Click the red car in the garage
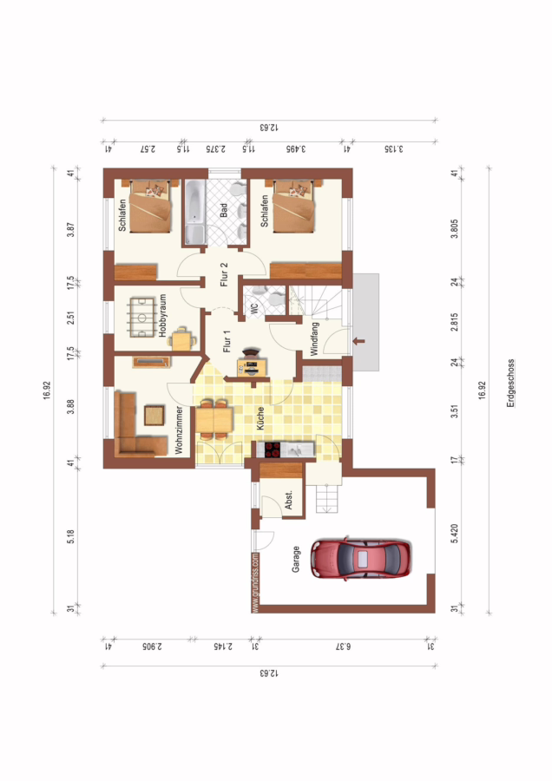(x=361, y=559)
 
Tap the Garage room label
(x=296, y=559)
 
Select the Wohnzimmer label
(x=179, y=430)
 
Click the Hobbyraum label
(x=162, y=316)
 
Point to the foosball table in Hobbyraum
(x=143, y=318)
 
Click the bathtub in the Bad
(x=194, y=213)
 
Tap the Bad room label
(x=224, y=210)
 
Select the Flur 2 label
(x=224, y=274)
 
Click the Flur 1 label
(x=227, y=342)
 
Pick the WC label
(x=254, y=309)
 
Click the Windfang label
(x=314, y=338)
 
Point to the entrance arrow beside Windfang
(x=358, y=341)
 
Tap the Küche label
(x=260, y=418)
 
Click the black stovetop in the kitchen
(x=272, y=450)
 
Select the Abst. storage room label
(x=289, y=500)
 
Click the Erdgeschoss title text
(x=510, y=384)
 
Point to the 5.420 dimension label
(x=454, y=534)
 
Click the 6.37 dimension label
(x=343, y=646)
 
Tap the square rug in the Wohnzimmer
(x=154, y=416)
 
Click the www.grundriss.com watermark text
(x=255, y=582)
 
